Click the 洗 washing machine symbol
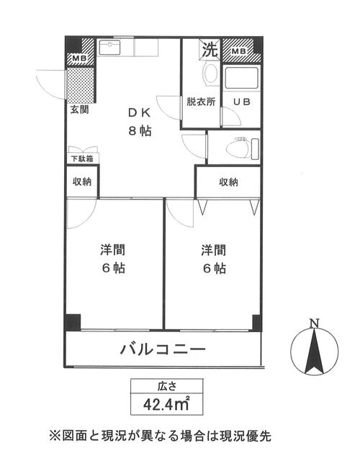pyautogui.click(x=209, y=50)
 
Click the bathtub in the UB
pyautogui.click(x=241, y=79)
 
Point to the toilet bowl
pyautogui.click(x=238, y=148)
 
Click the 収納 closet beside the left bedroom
pyautogui.click(x=81, y=182)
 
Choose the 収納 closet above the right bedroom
pyautogui.click(x=228, y=182)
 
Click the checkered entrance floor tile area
pyautogui.click(x=81, y=85)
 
